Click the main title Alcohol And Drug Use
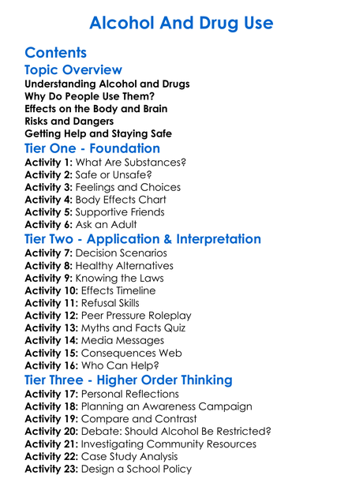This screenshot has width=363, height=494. pos(181,22)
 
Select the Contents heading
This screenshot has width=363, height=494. pos(55,54)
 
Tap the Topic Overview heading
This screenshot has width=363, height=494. pos(73,70)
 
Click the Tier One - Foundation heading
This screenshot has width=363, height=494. pos(92,148)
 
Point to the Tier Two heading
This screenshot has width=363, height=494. pos(143,239)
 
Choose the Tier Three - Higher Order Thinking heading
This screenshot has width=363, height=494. pos(129,380)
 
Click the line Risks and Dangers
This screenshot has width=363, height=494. pos(69,122)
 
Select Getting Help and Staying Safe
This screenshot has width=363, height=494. pos(99,134)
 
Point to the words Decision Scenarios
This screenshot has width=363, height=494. pos(121,253)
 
